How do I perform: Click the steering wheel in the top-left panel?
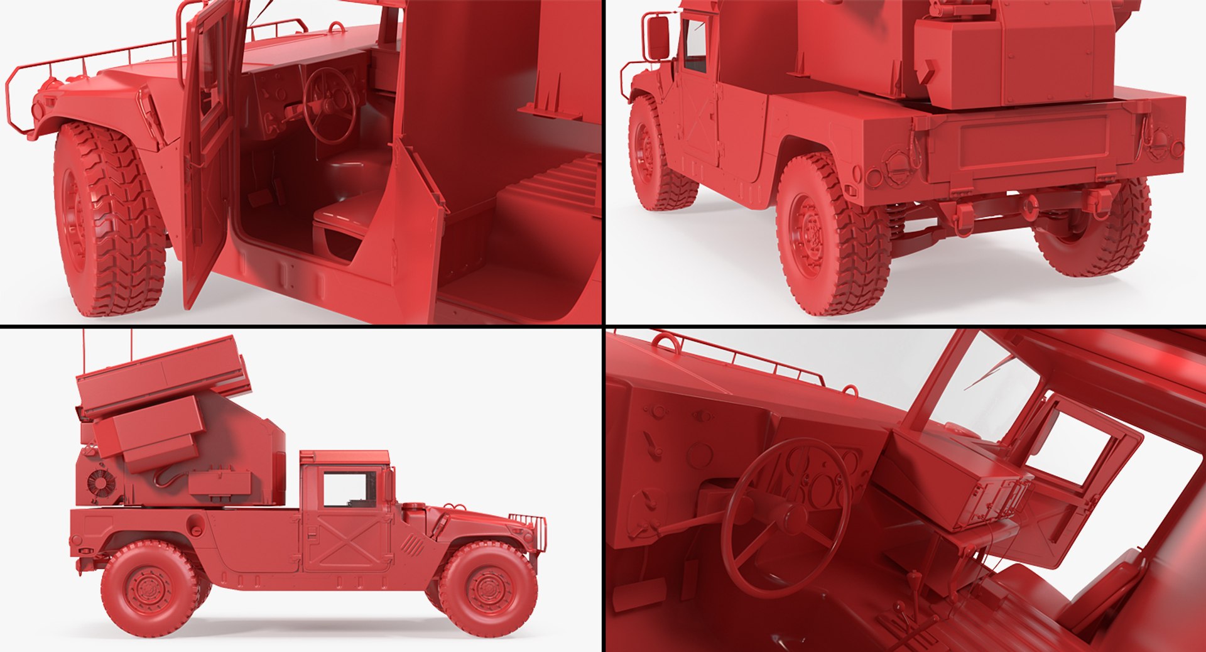coord(329,106)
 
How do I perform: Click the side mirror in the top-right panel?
coord(658,37)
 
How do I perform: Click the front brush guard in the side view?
coord(530,528)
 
